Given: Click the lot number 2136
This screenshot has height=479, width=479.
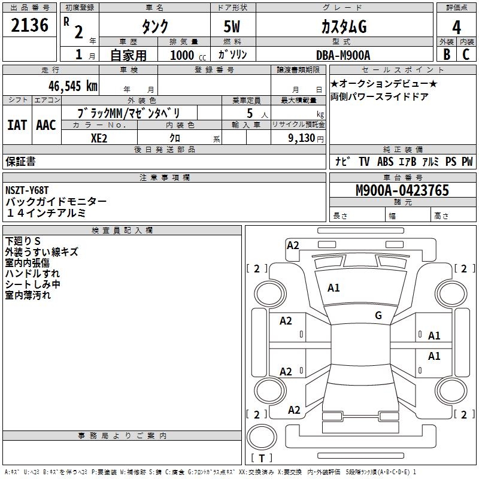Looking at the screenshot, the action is (30, 26).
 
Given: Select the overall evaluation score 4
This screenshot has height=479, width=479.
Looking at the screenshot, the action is (457, 27).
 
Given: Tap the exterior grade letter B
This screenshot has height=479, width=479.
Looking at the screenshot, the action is (446, 54).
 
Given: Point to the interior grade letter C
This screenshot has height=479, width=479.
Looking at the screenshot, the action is (466, 54).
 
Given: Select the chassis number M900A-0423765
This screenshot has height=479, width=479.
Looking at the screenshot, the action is (402, 190).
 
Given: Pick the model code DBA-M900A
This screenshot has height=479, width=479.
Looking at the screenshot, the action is (343, 55).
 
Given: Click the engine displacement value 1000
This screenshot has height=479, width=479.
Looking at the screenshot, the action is (182, 55).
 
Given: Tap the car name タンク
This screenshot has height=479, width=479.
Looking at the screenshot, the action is (154, 27).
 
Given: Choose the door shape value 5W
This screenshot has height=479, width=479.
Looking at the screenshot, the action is (232, 27).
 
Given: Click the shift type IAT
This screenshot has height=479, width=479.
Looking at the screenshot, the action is (17, 125).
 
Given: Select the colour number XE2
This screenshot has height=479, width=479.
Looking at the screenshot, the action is (99, 138).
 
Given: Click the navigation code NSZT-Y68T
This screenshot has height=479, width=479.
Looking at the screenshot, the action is (27, 190).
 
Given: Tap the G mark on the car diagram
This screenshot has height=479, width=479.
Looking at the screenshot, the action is (378, 315).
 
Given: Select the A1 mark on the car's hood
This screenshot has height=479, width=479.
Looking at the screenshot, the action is (334, 288).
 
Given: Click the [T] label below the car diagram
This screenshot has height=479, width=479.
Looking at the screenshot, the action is (262, 459).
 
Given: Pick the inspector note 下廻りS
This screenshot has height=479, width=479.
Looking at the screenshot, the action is (23, 241).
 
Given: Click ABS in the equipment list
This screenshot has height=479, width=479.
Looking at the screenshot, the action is (385, 162).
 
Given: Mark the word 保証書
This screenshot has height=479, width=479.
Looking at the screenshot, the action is (20, 162).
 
